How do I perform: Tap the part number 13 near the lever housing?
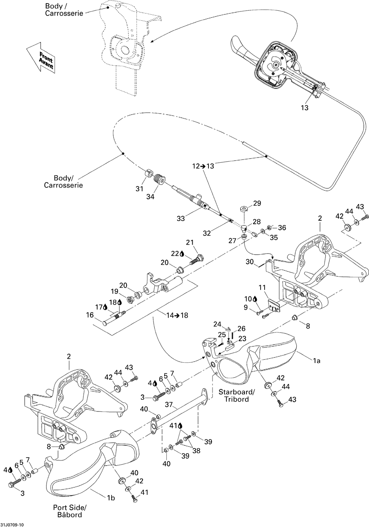[305, 108]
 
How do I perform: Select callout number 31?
[139, 189]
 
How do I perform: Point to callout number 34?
[150, 196]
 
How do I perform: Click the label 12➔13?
[203, 166]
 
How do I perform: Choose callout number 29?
[257, 203]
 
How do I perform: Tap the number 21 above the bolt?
[190, 242]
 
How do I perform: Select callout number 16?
[90, 315]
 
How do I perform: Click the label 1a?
[316, 360]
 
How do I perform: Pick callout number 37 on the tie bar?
[169, 404]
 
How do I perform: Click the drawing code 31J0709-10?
[12, 525]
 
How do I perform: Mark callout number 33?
[181, 218]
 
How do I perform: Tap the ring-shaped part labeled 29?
[244, 209]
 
